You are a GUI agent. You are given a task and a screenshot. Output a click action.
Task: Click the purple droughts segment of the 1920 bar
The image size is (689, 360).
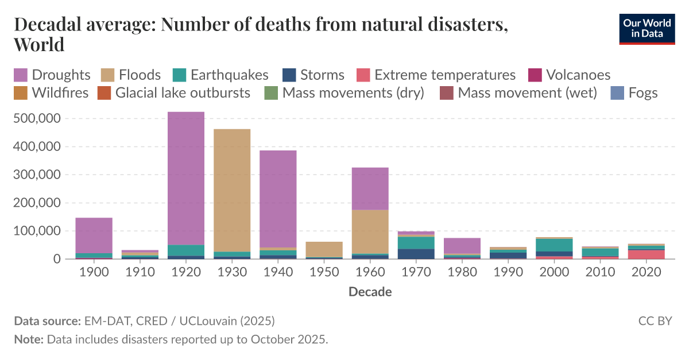click(x=186, y=178)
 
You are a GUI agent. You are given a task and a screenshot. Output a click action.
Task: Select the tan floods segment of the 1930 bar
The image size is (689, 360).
click(x=232, y=189)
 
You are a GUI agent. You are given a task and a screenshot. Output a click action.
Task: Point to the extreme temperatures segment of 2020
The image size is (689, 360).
click(x=646, y=254)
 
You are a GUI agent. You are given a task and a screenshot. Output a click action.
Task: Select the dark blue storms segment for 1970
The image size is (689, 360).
click(x=416, y=254)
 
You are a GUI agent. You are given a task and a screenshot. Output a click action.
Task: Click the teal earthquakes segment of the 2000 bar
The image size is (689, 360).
click(x=554, y=245)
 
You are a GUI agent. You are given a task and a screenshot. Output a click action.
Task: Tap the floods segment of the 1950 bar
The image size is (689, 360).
click(x=324, y=249)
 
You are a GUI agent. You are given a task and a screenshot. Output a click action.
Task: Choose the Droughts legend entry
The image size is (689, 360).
click(x=52, y=75)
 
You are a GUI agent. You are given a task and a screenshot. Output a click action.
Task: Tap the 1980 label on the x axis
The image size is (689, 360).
click(x=462, y=272)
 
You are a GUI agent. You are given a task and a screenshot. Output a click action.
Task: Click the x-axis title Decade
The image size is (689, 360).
click(x=370, y=292)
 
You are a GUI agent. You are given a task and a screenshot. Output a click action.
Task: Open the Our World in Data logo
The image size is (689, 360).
click(x=647, y=29)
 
